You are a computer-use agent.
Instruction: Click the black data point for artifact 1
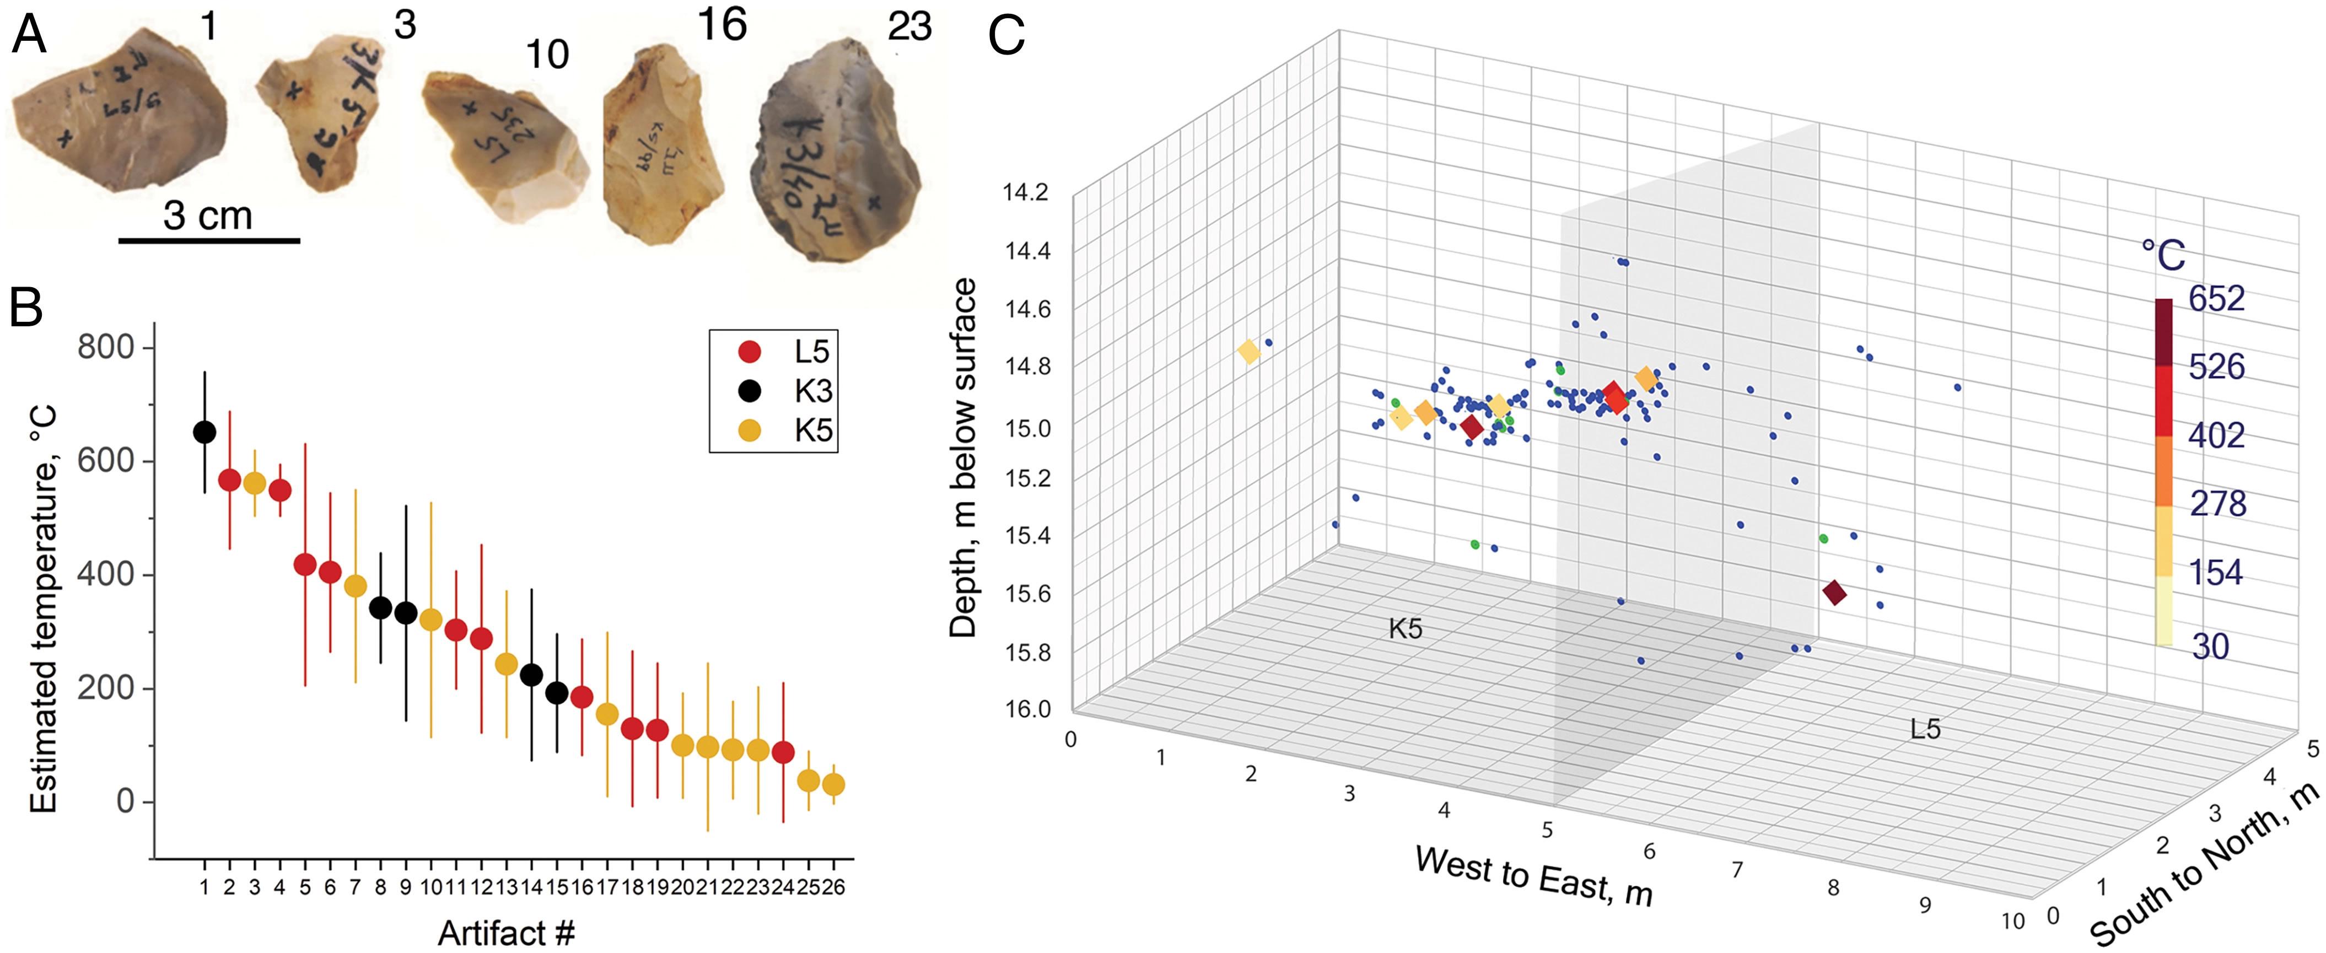[205, 433]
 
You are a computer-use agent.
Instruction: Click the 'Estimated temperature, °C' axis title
[44, 610]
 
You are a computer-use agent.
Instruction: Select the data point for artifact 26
[833, 785]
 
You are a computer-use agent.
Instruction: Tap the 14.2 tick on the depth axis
[1027, 192]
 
